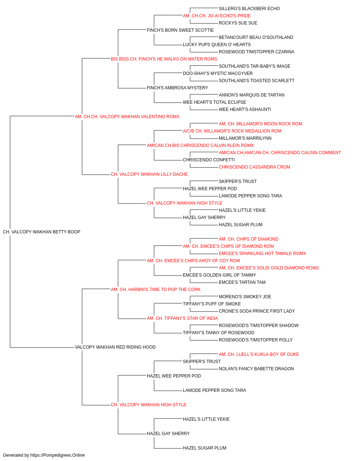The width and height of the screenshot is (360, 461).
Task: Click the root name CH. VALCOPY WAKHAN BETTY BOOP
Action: tap(41, 232)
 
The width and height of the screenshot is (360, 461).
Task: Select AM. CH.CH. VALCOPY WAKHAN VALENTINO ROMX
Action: tap(127, 117)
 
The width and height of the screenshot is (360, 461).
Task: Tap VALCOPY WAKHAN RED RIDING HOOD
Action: tap(115, 347)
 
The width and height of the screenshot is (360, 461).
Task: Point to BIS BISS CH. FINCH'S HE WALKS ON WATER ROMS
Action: tap(164, 59)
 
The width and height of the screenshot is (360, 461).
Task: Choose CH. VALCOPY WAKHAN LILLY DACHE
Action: tap(149, 174)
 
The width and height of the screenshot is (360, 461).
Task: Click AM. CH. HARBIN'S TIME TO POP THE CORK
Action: tap(156, 290)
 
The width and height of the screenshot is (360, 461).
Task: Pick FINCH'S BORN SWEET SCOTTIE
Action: tap(180, 30)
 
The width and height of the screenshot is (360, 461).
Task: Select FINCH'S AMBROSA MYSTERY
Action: tap(177, 88)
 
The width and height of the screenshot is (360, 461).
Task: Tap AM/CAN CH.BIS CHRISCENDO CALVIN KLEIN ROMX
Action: tap(201, 146)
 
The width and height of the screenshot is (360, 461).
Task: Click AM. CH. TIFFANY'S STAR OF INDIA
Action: tap(182, 318)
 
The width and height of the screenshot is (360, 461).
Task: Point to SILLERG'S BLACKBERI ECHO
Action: tap(249, 9)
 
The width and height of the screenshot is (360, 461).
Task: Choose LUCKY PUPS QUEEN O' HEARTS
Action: tap(217, 45)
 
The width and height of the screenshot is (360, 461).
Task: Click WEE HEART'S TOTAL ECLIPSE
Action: tap(214, 102)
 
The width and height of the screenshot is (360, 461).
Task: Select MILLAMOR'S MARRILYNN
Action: tap(245, 138)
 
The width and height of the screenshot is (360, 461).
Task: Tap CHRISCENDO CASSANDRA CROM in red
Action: tap(255, 167)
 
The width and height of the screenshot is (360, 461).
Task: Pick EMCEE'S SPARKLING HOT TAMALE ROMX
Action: tap(262, 254)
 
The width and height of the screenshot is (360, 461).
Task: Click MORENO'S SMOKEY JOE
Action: tap(245, 297)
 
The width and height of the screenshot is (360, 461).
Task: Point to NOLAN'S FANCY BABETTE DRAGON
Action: tap(256, 369)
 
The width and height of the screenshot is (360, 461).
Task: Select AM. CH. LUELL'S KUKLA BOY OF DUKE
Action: tap(259, 354)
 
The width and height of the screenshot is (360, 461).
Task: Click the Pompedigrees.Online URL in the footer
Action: tap(57, 455)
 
